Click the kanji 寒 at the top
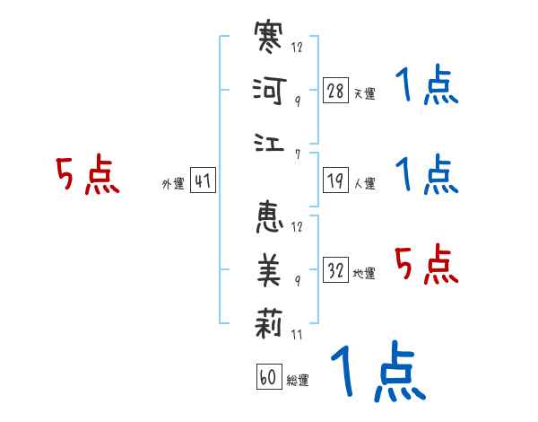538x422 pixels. pyautogui.click(x=269, y=40)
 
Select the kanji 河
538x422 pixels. pyautogui.click(x=269, y=91)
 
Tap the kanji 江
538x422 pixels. pyautogui.click(x=269, y=141)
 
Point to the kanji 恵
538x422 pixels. pyautogui.click(x=269, y=219)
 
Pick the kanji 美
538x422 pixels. pyautogui.click(x=269, y=269)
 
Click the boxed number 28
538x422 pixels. pyautogui.click(x=335, y=91)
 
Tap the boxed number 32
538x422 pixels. pyautogui.click(x=335, y=269)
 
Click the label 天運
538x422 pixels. pyautogui.click(x=363, y=93)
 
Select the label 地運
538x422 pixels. pyautogui.click(x=363, y=272)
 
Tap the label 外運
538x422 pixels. pyautogui.click(x=173, y=184)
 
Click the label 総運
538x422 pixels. pyautogui.click(x=297, y=380)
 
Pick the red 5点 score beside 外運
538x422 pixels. pyautogui.click(x=88, y=175)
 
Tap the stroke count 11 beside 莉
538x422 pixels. pyautogui.click(x=297, y=336)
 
